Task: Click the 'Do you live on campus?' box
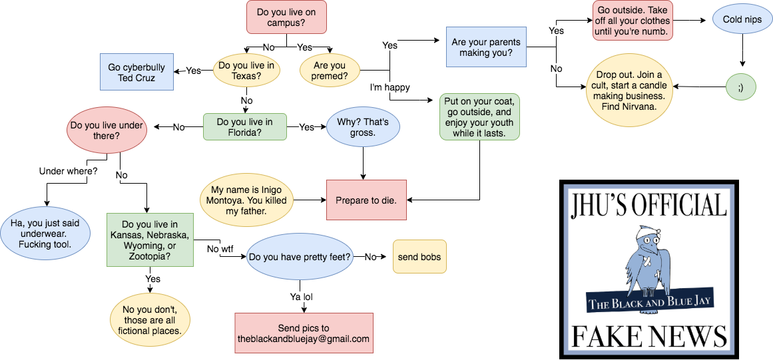[286, 17]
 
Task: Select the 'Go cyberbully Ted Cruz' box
[136, 72]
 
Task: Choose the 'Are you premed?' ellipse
[329, 71]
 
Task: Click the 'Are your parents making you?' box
[486, 47]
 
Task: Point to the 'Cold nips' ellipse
[742, 20]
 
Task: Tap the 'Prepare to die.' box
[366, 200]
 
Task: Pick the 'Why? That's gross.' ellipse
[362, 127]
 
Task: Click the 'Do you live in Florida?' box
[244, 127]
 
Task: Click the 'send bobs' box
[419, 257]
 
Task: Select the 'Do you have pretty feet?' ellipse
[300, 257]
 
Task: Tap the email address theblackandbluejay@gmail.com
[304, 339]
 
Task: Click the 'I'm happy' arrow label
[389, 87]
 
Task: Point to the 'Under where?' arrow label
[69, 171]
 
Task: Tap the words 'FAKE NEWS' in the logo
[649, 335]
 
